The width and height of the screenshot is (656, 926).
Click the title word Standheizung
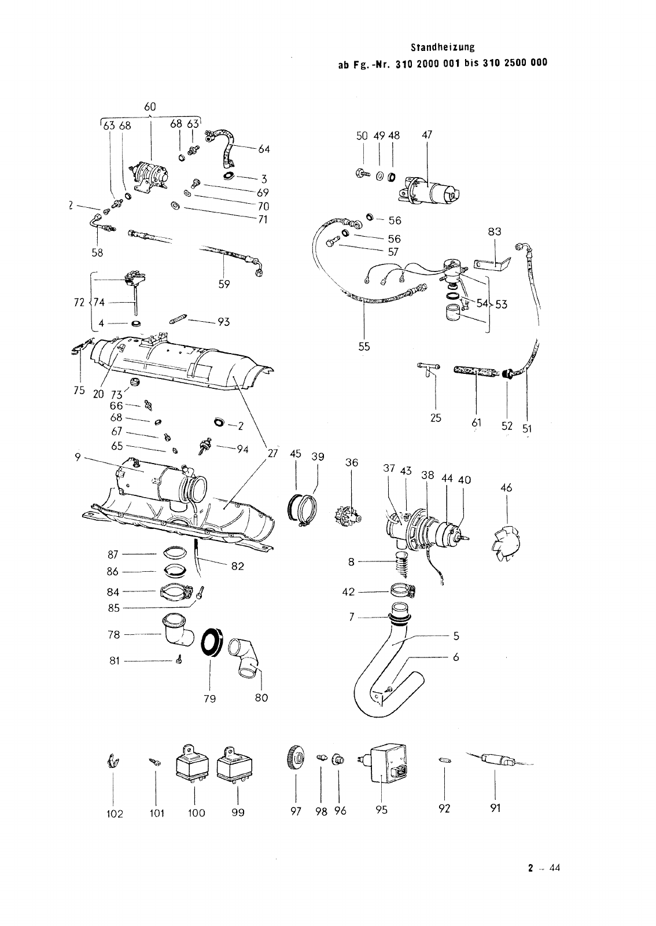coord(443,47)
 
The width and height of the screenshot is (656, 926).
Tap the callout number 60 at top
coord(150,107)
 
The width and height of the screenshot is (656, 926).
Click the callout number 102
coord(115,814)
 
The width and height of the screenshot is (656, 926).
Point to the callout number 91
coord(495,808)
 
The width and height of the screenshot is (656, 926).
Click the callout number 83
coord(495,231)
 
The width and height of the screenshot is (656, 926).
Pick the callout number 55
coord(364,347)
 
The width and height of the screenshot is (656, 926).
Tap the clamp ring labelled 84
coord(176,592)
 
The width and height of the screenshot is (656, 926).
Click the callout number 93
coord(223,322)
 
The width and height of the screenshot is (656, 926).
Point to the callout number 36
coord(352,462)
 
